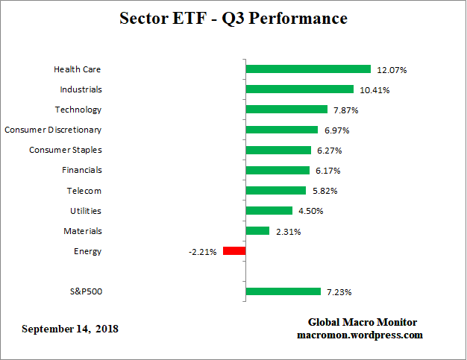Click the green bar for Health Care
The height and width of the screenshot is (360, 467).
click(x=308, y=69)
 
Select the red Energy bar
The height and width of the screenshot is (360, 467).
click(x=234, y=251)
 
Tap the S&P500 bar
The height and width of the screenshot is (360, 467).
click(x=283, y=291)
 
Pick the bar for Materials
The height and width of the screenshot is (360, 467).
click(x=257, y=231)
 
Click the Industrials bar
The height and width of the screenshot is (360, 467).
click(x=299, y=89)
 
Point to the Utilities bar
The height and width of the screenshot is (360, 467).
click(x=269, y=211)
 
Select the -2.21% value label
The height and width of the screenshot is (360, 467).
click(x=202, y=252)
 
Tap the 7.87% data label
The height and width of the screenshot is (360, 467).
click(x=347, y=110)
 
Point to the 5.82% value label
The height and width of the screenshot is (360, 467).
click(x=325, y=191)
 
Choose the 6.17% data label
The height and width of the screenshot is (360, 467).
click(x=328, y=171)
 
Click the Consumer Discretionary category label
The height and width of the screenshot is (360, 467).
click(x=53, y=130)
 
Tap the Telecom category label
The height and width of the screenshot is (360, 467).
click(x=84, y=191)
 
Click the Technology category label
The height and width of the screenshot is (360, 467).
click(x=78, y=110)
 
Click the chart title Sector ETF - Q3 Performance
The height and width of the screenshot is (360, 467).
click(x=233, y=18)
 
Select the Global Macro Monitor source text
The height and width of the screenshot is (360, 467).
click(x=363, y=322)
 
